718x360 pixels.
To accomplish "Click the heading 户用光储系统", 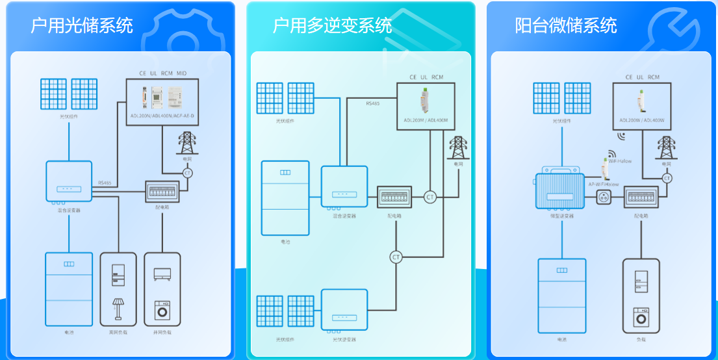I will coord(82,25).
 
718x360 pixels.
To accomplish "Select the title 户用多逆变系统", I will coord(332,25).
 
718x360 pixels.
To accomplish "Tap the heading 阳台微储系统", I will coord(566,25).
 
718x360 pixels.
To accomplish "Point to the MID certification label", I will coord(181,73).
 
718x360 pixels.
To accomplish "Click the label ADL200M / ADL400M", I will coord(426,121).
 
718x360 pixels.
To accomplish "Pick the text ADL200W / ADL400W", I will coord(641,120).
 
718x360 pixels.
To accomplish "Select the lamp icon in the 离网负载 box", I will coord(118,308).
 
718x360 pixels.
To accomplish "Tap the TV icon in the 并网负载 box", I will coord(162,274).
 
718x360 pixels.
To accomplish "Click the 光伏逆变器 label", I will coord(344,340).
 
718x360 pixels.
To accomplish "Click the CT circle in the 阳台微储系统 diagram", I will coord(667,177).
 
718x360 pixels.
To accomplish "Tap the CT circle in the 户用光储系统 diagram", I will coord(188,173).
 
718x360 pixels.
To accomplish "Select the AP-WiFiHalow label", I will coord(602,184).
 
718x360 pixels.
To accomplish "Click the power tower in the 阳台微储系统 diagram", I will coord(666,148).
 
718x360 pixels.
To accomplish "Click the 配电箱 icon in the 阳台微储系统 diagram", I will coord(642,196).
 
